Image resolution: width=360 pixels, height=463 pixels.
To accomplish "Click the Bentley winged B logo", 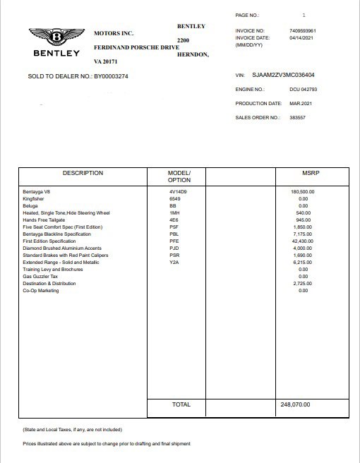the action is coord(55,37).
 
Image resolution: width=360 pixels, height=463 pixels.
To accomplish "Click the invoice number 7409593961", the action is coord(303,31).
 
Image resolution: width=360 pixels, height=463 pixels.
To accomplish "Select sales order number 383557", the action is coord(298,117).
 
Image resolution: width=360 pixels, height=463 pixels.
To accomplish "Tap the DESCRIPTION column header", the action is coord(83,173).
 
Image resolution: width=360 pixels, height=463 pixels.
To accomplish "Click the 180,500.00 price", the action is coord(303,191).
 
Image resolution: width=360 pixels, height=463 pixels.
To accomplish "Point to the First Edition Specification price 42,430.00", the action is coord(303,241).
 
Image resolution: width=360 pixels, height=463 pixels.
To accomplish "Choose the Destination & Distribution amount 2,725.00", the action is coord(303,283).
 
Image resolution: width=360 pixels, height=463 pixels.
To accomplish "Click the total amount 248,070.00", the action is coord(296,405).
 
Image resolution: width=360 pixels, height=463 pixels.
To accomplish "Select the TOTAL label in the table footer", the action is coord(181,405).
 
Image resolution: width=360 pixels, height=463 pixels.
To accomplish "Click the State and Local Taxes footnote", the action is coord(72,428).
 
